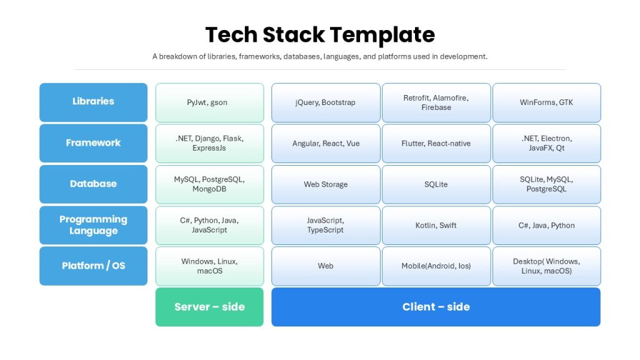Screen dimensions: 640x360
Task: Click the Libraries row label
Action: click(94, 102)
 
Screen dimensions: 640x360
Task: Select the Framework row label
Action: click(94, 143)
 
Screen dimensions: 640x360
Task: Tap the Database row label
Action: click(94, 184)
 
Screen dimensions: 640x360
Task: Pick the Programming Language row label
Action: click(94, 225)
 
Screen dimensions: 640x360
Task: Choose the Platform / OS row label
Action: click(94, 266)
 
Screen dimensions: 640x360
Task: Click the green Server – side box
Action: click(209, 307)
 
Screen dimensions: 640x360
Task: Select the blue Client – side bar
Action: click(436, 307)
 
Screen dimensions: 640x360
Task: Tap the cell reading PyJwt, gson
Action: click(209, 102)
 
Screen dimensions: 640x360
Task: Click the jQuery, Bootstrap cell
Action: click(326, 102)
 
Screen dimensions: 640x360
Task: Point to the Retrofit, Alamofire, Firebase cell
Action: click(436, 102)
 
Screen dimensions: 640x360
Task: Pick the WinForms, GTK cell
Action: click(546, 102)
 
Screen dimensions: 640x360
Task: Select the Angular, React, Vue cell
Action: click(326, 143)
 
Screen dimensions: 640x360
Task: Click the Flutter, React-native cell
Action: click(436, 143)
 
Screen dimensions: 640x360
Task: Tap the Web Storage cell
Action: click(326, 184)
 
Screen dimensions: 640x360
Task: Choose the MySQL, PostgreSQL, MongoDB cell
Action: click(209, 184)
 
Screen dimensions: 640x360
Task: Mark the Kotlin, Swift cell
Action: click(436, 225)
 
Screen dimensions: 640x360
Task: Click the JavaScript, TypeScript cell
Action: click(326, 225)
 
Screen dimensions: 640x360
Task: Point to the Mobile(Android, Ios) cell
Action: click(436, 266)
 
